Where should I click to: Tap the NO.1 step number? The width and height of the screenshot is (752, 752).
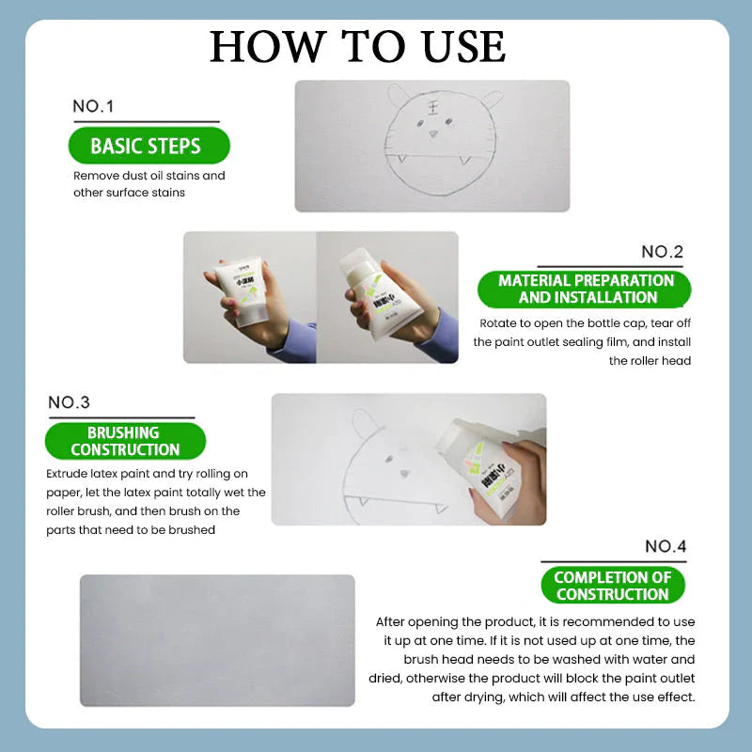93,107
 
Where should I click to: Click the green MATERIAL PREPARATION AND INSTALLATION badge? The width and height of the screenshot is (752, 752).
586,290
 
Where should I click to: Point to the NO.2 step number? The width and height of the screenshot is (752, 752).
662,252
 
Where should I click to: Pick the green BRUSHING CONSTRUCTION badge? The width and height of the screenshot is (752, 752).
123,441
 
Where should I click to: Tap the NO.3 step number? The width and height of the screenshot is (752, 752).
69,402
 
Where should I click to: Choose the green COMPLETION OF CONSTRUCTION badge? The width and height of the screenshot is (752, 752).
612,586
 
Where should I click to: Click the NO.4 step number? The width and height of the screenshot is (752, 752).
666,546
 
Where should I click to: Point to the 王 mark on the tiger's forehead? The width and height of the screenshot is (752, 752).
433,109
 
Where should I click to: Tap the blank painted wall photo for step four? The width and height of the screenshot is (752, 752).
217,640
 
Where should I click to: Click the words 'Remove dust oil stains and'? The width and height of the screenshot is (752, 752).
149,176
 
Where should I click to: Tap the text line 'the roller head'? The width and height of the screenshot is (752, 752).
650,361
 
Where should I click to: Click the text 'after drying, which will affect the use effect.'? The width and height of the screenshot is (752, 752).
563,697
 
